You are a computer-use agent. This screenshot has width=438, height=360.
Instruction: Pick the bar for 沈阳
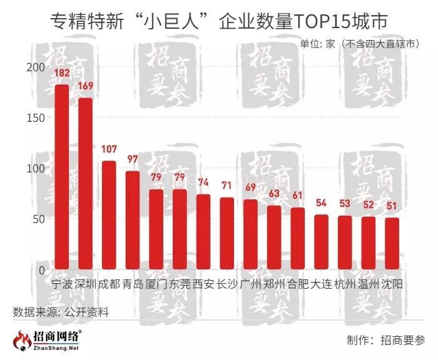(392, 244)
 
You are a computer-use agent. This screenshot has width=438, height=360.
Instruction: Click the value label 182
(62, 74)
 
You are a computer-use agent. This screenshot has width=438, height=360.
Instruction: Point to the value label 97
(132, 160)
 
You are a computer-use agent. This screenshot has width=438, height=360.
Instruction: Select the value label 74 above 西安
(203, 183)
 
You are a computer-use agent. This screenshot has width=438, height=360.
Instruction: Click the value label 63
(274, 194)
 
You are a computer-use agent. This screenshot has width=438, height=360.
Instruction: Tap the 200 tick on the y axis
(36, 67)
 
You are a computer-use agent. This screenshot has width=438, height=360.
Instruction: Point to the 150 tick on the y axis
(36, 118)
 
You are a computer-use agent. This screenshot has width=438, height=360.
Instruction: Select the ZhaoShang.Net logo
(47, 341)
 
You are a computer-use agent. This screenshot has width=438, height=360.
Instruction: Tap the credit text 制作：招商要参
(385, 341)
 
